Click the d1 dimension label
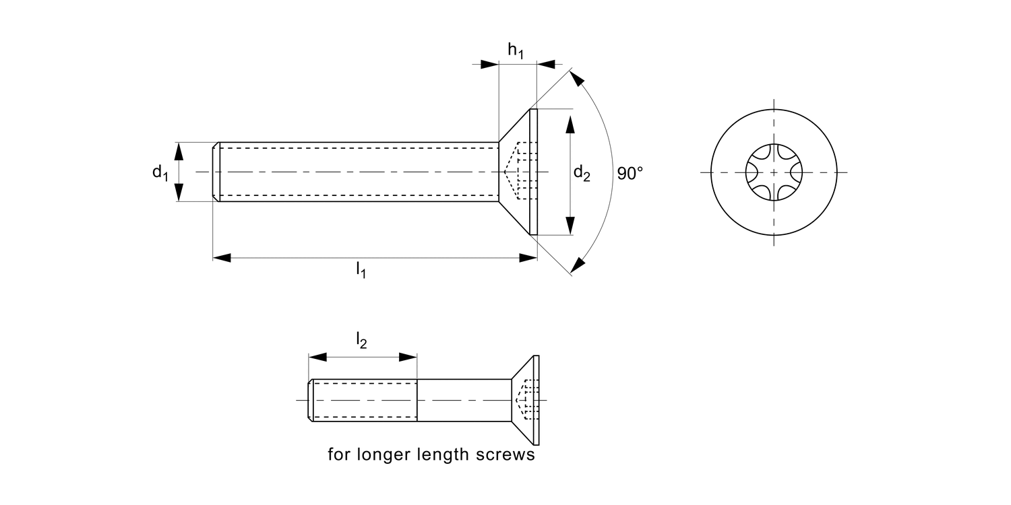160,173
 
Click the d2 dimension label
582,174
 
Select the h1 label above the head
516,50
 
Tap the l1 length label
361,271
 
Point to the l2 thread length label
362,342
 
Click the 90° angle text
630,173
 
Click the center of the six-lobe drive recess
774,172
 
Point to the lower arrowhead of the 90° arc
578,266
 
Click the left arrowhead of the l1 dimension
222,257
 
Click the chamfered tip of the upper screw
216,172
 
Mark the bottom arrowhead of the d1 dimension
179,193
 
